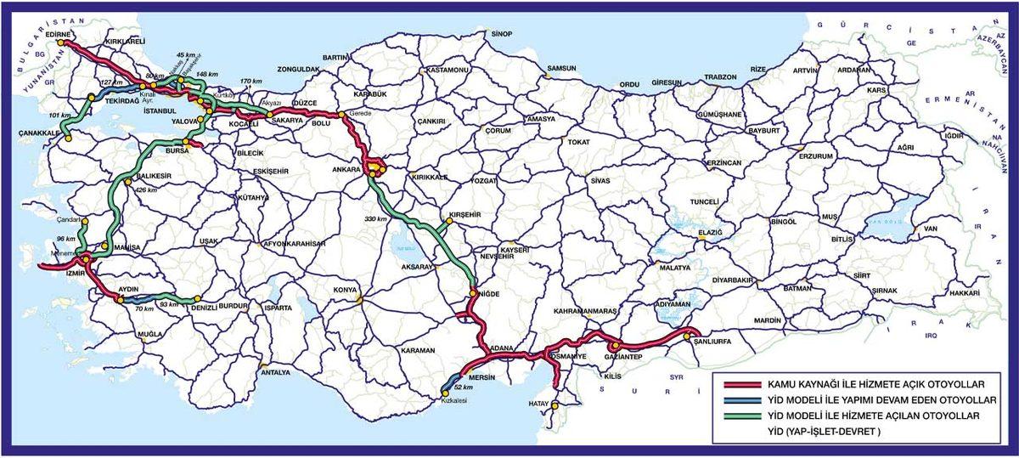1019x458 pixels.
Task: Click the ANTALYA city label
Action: [x=276, y=372]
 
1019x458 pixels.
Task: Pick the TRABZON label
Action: [x=719, y=77]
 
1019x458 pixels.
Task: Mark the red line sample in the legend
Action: [x=738, y=385]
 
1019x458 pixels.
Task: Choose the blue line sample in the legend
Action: [x=738, y=400]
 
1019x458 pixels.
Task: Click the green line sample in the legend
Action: [x=738, y=416]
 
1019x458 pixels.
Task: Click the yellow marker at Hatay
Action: [x=554, y=405]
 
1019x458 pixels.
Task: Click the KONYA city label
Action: [x=345, y=290]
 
